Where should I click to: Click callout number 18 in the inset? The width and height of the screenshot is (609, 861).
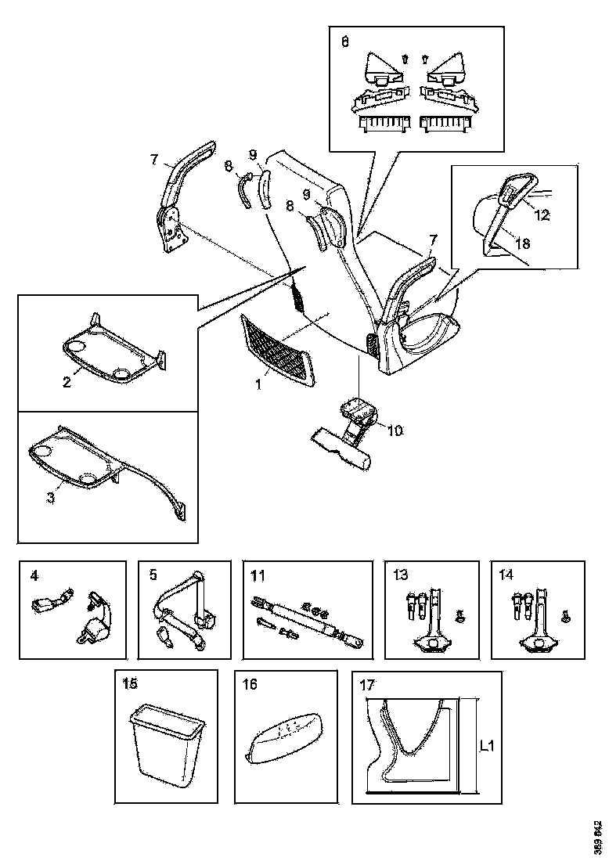pyautogui.click(x=523, y=243)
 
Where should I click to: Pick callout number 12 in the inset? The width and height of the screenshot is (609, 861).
pyautogui.click(x=542, y=214)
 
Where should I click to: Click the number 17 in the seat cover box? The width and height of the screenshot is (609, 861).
pyautogui.click(x=366, y=683)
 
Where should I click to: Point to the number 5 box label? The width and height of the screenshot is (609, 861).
pyautogui.click(x=153, y=575)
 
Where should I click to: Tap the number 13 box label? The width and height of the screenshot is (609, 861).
pyautogui.click(x=401, y=575)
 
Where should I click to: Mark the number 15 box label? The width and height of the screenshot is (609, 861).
pyautogui.click(x=130, y=683)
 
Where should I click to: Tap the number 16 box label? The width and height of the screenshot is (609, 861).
pyautogui.click(x=250, y=683)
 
